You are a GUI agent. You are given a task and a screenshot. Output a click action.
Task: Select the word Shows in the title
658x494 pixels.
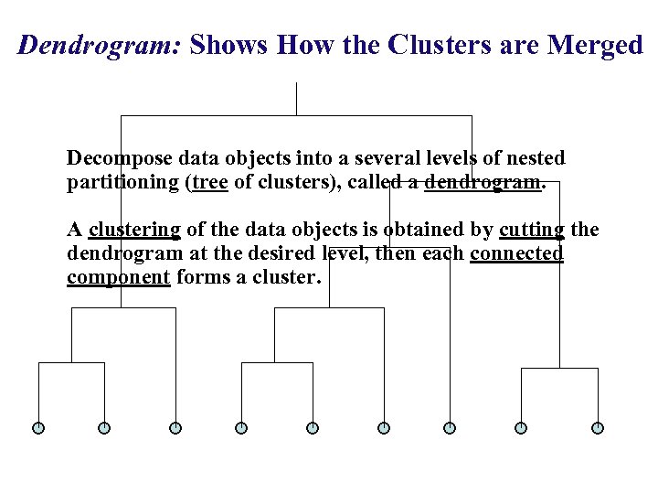228,46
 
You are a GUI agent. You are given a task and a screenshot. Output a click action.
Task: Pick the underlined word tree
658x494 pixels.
210,181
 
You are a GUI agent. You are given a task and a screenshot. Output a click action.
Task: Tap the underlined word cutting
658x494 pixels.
532,229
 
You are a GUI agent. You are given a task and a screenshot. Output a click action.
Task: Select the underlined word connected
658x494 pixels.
516,252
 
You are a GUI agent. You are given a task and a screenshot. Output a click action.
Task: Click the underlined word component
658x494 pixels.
118,277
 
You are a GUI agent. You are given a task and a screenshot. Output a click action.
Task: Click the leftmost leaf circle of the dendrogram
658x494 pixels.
38,427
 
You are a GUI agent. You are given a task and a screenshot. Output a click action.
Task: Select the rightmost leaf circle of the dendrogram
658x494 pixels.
598,427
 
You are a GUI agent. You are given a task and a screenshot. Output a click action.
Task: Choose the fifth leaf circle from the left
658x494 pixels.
313,427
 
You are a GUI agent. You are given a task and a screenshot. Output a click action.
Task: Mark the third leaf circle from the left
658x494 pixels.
175,427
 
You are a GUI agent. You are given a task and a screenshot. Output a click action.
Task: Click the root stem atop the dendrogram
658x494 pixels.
297,99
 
